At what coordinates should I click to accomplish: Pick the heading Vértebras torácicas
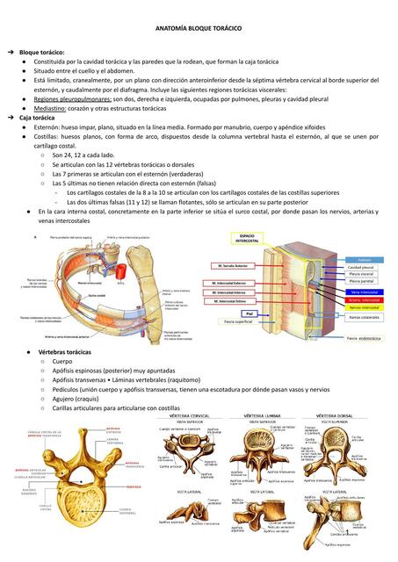click(64, 351)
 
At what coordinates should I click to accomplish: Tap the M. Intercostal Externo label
click(230, 283)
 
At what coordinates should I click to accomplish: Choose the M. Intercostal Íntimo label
click(230, 300)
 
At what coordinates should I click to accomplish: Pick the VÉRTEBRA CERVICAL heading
click(190, 415)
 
